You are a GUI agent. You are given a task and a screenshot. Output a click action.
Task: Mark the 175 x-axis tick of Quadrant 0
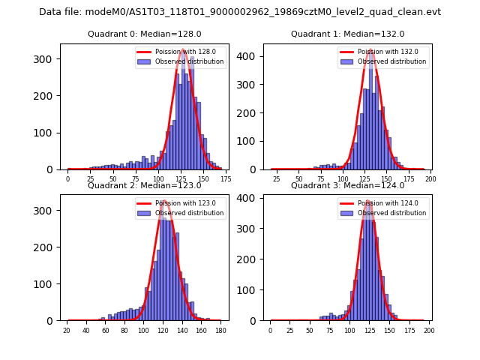pyautogui.click(x=226, y=179)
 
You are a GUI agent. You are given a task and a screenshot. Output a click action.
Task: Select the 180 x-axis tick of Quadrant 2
pyautogui.click(x=220, y=331)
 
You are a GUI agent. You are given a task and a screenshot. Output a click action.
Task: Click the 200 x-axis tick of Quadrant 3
pyautogui.click(x=429, y=331)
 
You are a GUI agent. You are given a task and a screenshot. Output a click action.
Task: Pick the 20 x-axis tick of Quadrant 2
pyautogui.click(x=67, y=331)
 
